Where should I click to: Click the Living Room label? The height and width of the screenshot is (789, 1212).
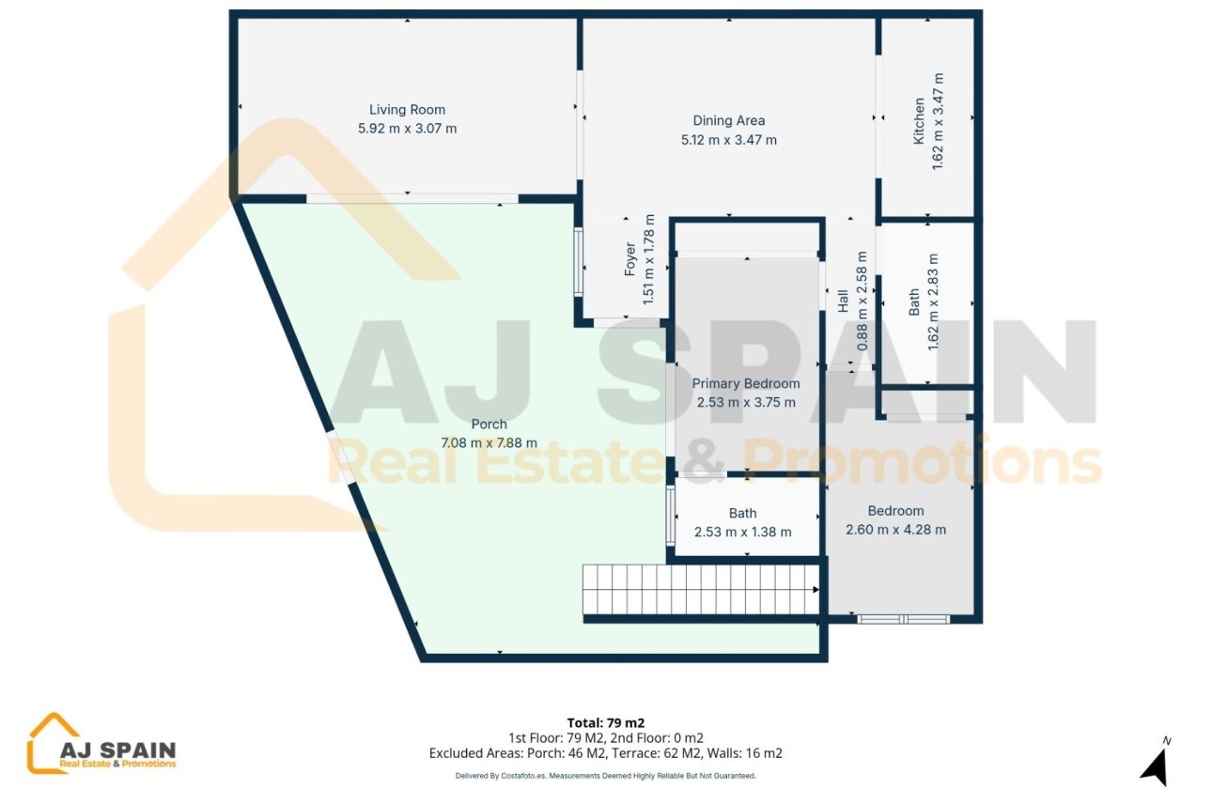pos(407,110)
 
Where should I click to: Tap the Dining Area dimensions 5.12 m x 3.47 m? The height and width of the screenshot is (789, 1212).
pos(728,140)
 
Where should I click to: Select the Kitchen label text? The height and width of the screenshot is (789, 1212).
pos(920,121)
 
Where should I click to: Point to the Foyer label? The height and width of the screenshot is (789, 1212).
pos(631,259)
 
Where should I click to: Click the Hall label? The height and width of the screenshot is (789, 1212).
pos(844,301)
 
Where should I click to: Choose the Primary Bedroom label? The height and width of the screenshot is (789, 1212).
pos(746,383)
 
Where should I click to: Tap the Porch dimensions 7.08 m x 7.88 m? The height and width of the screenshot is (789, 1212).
pos(489,442)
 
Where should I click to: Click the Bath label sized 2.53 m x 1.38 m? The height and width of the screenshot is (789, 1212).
pos(742,513)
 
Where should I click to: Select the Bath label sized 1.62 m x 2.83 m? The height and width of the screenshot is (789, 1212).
pos(915,302)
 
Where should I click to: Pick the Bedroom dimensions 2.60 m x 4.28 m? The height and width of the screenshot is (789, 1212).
pos(895,530)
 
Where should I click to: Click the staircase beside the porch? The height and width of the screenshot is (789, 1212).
pos(700,589)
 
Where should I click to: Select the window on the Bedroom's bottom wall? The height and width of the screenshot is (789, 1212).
pos(904,619)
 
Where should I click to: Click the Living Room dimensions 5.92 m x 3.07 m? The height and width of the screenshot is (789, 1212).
pos(407,129)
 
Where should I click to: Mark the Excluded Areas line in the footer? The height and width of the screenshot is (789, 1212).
pos(606,752)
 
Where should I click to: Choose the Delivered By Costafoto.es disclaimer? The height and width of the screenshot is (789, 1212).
pos(606,776)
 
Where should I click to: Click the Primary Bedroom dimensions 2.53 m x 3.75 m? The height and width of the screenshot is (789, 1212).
pos(746,402)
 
